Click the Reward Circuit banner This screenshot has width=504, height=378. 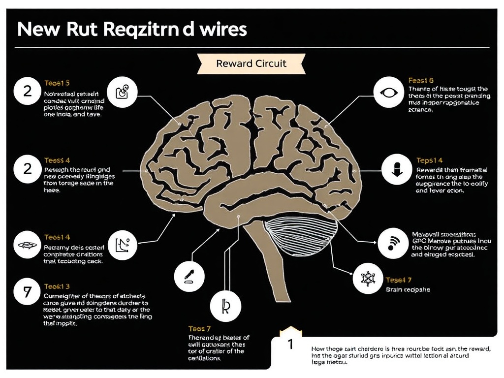[x=251, y=63]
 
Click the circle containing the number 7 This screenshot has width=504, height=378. [x=28, y=291]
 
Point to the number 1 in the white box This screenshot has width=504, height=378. [x=290, y=344]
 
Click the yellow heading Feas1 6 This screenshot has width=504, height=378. [x=421, y=80]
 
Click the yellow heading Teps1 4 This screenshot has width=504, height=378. [x=430, y=160]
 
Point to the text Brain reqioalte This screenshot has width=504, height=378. [x=408, y=290]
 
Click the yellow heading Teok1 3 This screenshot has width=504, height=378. [x=57, y=286]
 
